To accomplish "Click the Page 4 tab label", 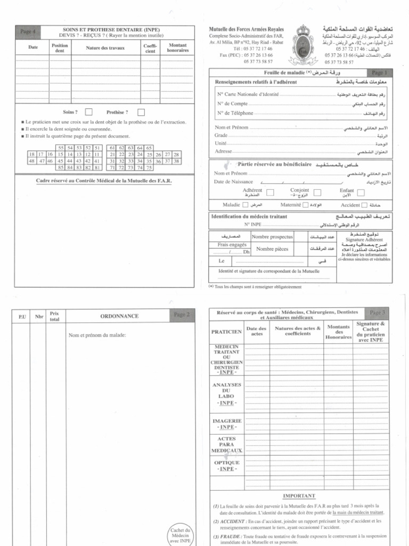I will tap(28, 32).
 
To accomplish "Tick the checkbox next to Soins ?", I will tap(88, 112).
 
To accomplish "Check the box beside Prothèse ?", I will tap(141, 112).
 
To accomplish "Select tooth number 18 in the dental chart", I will tap(32, 154).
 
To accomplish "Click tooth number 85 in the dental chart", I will tap(61, 167).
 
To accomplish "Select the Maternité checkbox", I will tap(306, 205).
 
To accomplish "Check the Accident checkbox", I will tap(364, 205).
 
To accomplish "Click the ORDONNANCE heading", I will tap(119, 316).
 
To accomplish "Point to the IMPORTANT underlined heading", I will tap(299, 495).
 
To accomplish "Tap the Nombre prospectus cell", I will tap(272, 236).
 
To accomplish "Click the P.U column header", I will tap(22, 317).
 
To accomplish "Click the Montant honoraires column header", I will tap(177, 48).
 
